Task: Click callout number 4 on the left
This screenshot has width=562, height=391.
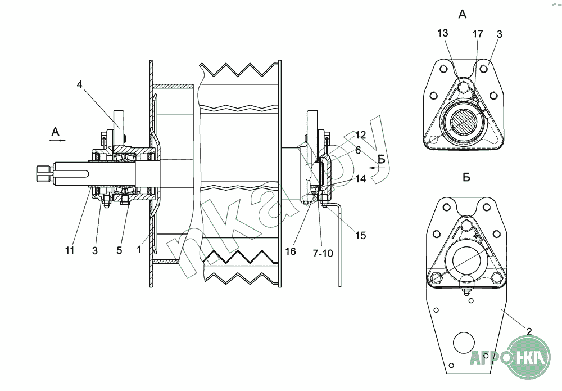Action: point(80,84)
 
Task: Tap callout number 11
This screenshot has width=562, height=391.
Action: point(70,250)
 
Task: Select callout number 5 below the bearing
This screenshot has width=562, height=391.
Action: point(119,250)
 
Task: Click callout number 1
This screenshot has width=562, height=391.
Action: point(139,249)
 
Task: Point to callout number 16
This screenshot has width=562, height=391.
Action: point(291,251)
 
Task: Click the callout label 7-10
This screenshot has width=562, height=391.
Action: point(323,253)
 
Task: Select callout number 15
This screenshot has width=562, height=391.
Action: point(361,235)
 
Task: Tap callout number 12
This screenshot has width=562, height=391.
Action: point(361,135)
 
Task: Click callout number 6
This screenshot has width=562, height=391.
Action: point(357,150)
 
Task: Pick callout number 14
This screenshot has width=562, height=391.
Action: point(361,178)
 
